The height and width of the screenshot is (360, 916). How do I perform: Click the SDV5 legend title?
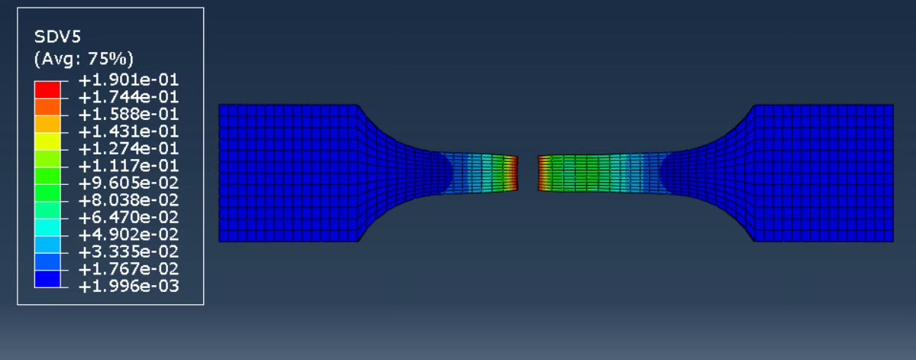tap(58, 37)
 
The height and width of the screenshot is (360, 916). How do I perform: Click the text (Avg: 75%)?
tap(84, 58)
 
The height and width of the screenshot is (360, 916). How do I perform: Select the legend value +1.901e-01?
tap(128, 80)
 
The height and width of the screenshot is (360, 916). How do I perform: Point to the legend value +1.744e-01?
tap(128, 97)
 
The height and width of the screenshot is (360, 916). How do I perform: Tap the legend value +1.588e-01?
tap(128, 115)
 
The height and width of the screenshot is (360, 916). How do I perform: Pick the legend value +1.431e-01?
tap(128, 131)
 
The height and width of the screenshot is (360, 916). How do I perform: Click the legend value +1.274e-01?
tap(128, 149)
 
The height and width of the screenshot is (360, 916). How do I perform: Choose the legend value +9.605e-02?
tap(128, 183)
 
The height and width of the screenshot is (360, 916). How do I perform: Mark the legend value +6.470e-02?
tap(128, 218)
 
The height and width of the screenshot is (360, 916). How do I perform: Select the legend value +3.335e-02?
tap(128, 252)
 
